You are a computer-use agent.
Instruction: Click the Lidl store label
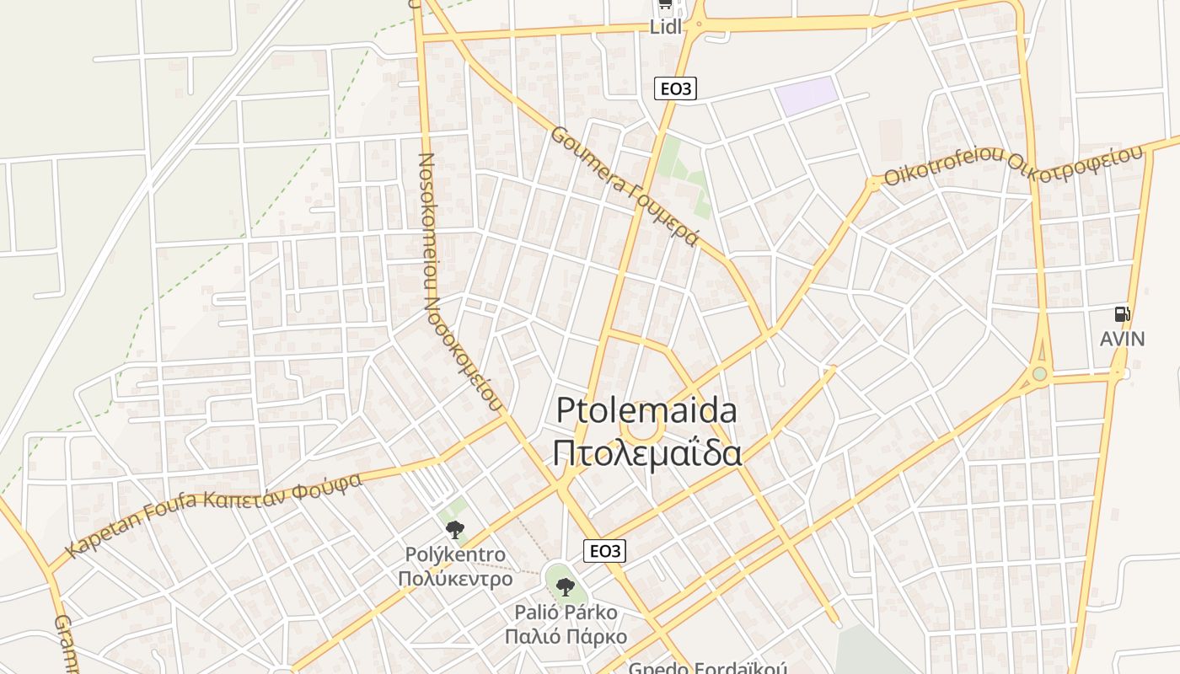click(665, 26)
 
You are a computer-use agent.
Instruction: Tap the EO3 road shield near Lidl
click(676, 88)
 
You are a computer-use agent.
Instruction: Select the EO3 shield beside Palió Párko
click(605, 551)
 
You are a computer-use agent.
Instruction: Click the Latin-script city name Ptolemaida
click(646, 411)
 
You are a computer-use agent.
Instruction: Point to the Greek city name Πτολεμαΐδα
click(646, 452)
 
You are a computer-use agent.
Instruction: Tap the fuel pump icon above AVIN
click(1122, 314)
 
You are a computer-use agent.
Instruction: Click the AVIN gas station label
click(1122, 339)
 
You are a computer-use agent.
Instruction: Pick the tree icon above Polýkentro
click(455, 529)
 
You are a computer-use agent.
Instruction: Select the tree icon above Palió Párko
click(566, 586)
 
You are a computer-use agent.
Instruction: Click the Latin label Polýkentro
click(455, 555)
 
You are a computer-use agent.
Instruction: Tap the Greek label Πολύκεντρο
click(455, 579)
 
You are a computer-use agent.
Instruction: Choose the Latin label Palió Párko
click(566, 612)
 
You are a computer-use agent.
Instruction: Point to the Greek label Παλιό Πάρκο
click(566, 636)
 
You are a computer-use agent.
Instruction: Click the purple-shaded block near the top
click(807, 95)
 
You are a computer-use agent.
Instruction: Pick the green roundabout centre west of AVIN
click(1040, 373)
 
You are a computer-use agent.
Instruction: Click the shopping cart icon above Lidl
click(665, 5)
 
